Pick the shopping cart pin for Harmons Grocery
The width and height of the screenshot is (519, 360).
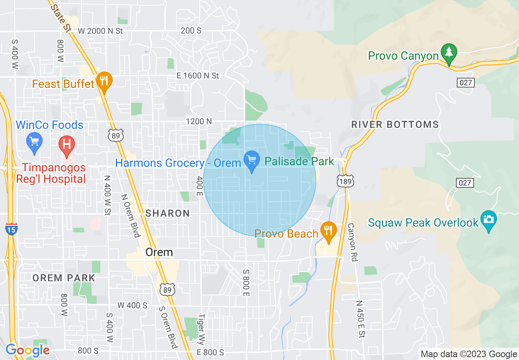pyautogui.click(x=251, y=161)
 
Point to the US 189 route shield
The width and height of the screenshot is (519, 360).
pyautogui.click(x=346, y=180)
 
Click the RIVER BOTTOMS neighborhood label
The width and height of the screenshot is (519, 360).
pyautogui.click(x=395, y=125)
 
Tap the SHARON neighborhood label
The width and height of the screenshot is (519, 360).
pyautogui.click(x=168, y=213)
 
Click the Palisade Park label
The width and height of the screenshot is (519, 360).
pyautogui.click(x=299, y=161)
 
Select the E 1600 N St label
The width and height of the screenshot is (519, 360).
pyautogui.click(x=198, y=76)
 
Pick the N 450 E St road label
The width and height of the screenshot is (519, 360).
pyautogui.click(x=360, y=319)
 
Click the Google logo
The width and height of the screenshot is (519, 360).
pyautogui.click(x=27, y=350)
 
